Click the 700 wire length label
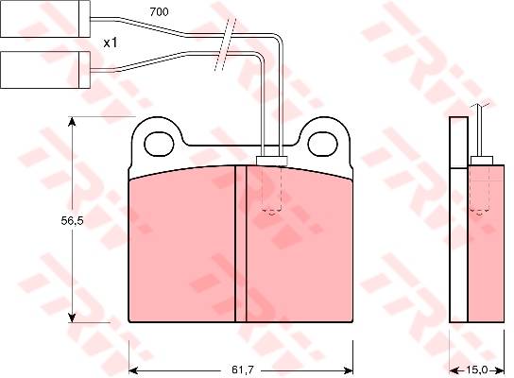pos(159,12)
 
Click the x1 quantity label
pos(111,43)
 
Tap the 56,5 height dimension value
pos(73,221)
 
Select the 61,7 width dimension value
pos(243,370)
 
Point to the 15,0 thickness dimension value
pos(476,370)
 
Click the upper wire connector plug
pos(45,19)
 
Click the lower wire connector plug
pos(45,70)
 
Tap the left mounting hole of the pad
pos(159,144)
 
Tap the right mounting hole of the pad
pos(323,144)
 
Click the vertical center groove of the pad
pos(241,244)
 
